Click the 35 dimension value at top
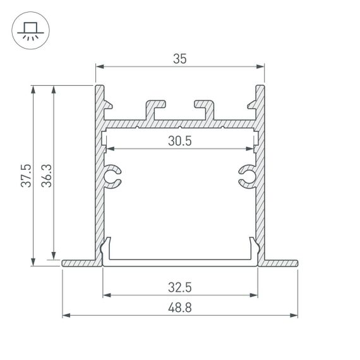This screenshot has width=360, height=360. (x=180, y=58)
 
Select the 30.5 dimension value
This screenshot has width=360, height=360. (x=180, y=141)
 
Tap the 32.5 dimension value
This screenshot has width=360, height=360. (x=180, y=287)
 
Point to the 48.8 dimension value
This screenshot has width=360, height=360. (x=180, y=308)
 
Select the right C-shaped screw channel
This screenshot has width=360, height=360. (x=248, y=177)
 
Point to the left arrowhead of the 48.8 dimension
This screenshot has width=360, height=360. (x=65, y=315)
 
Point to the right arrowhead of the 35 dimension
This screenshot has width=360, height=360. (x=260, y=65)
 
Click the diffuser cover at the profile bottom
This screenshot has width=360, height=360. (x=180, y=260)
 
